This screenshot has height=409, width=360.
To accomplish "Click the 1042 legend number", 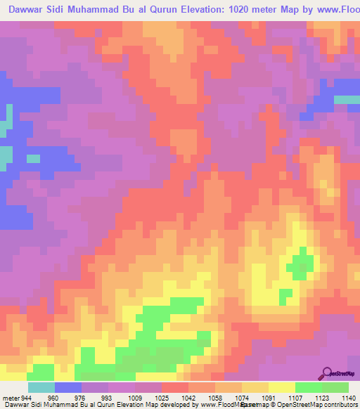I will click(188, 398).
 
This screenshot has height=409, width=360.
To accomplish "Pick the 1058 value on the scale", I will click(215, 398).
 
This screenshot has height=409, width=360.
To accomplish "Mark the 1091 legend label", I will click(269, 398).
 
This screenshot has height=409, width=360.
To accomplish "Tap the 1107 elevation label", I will click(295, 398).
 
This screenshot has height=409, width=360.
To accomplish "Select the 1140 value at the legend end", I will click(348, 398).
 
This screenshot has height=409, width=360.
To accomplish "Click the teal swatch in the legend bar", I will click(41, 387).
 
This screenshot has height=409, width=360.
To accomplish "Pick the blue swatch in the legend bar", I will click(68, 387).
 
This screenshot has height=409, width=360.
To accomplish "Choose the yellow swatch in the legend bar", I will click(282, 387).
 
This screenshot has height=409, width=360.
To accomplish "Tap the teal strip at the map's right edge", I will click(347, 99).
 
